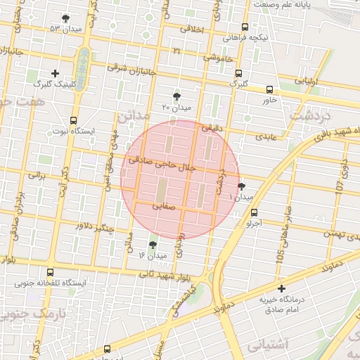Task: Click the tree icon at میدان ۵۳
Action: pyautogui.click(x=66, y=19)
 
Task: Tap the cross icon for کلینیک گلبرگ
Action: pyautogui.click(x=56, y=73)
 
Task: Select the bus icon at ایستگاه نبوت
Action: pyautogui.click(x=74, y=121)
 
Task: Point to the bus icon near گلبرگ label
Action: pyautogui.click(x=239, y=73)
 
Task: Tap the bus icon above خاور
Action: pyautogui.click(x=270, y=89)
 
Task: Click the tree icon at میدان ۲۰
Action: pyautogui.click(x=176, y=97)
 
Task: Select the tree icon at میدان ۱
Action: pyautogui.click(x=242, y=186)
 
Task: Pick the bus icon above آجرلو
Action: pyautogui.click(x=254, y=212)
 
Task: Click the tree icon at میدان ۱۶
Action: pyautogui.click(x=153, y=244)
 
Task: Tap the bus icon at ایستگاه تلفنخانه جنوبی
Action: pyautogui.click(x=49, y=272)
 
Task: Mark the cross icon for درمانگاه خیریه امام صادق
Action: pyautogui.click(x=282, y=288)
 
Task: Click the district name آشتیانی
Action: pyautogui.click(x=267, y=345)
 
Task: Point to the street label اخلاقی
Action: pyautogui.click(x=192, y=30)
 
